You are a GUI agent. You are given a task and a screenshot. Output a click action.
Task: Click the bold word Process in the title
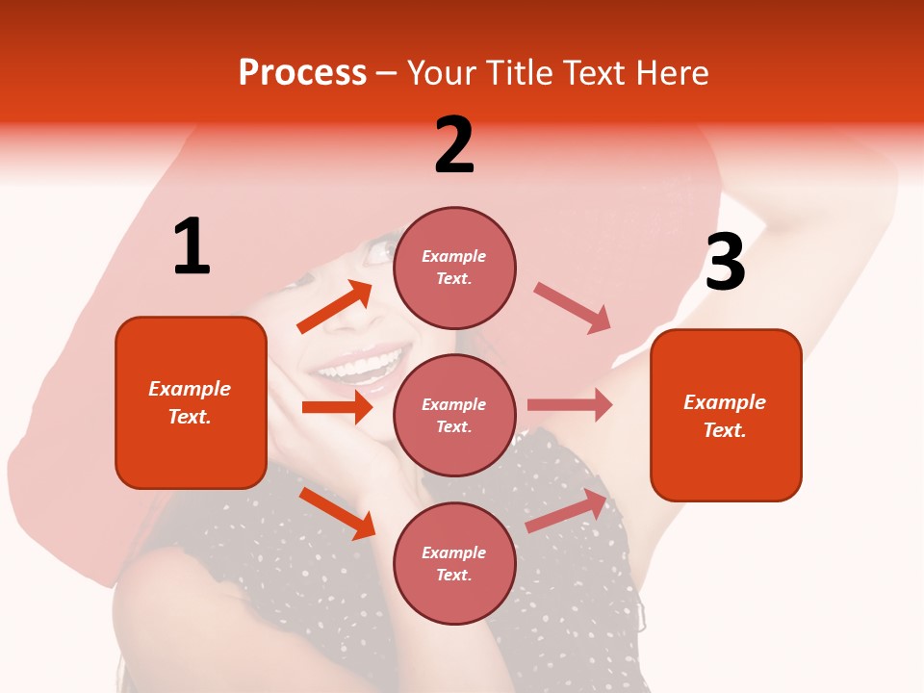click(x=302, y=73)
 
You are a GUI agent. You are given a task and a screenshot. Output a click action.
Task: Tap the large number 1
click(x=192, y=247)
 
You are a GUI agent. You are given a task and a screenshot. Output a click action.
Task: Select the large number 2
click(x=454, y=145)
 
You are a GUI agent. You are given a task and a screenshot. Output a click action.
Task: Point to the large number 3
click(x=725, y=262)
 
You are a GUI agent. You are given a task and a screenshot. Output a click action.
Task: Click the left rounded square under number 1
click(x=191, y=402)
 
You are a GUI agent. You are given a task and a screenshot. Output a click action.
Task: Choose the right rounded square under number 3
click(x=726, y=415)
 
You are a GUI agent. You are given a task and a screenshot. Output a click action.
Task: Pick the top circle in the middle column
click(x=454, y=268)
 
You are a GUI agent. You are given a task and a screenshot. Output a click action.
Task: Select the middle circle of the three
click(x=454, y=415)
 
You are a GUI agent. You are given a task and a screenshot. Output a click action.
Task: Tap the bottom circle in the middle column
click(x=454, y=563)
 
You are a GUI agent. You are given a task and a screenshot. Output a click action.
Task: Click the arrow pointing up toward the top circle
click(x=335, y=307)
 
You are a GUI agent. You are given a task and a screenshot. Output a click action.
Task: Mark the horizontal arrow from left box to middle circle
click(x=337, y=407)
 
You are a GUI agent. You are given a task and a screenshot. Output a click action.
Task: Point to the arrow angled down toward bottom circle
click(x=337, y=512)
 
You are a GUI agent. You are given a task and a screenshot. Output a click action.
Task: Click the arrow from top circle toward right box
click(x=573, y=308)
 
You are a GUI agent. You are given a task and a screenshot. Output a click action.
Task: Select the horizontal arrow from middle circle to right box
click(x=570, y=405)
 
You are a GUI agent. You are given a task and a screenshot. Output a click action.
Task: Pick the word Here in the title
click(x=673, y=73)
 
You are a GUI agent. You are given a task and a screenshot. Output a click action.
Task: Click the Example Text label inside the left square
click(x=190, y=402)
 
